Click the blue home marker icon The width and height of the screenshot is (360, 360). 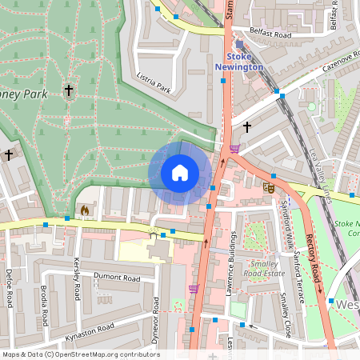pos(180,173)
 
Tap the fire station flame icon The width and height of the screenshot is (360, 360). pos(85,210)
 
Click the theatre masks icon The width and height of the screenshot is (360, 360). pos(269,187)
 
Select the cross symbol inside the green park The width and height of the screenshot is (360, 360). pos(70,91)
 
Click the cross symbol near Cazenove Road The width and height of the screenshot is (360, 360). pos(247,126)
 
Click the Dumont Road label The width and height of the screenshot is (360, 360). pos(116,278)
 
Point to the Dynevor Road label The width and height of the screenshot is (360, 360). pos(157,317)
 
